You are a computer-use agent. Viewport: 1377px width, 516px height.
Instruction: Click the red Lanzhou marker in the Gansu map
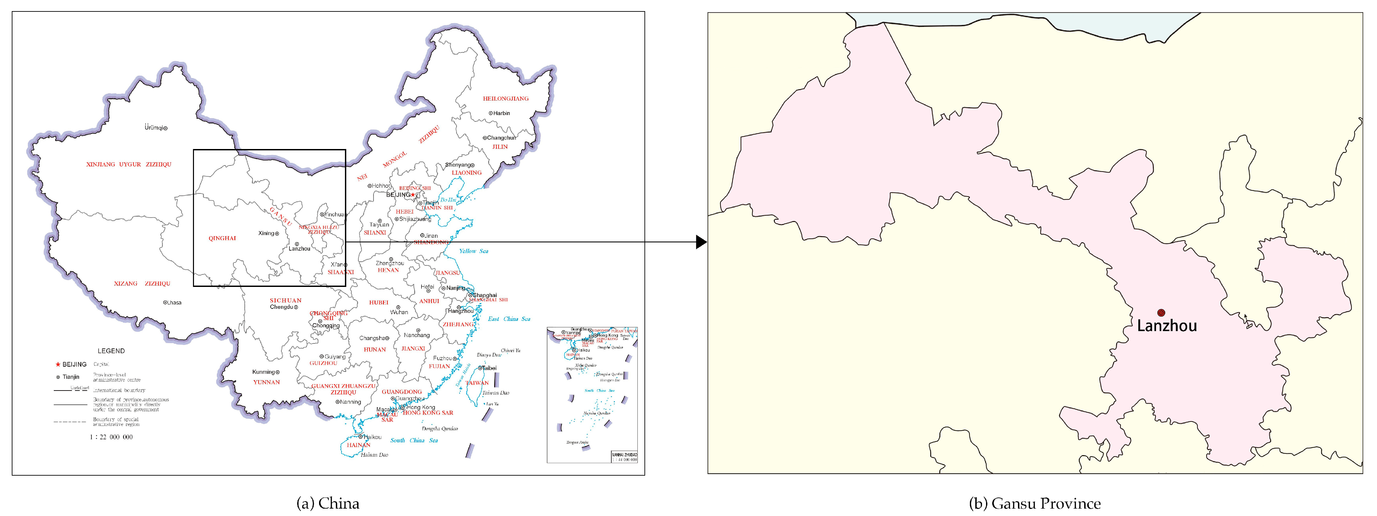pyautogui.click(x=1160, y=313)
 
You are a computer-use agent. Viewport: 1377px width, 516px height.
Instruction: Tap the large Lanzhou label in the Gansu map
pyautogui.click(x=1167, y=326)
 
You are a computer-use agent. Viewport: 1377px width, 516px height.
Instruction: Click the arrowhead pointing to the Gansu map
pyautogui.click(x=701, y=242)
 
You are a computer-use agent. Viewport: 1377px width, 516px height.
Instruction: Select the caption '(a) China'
pyautogui.click(x=328, y=503)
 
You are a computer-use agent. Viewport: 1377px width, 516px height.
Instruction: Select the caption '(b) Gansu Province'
pyautogui.click(x=1034, y=503)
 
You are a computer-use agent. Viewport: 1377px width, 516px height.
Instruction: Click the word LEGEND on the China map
pyautogui.click(x=111, y=351)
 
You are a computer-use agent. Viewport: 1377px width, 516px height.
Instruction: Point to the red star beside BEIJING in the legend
pyautogui.click(x=58, y=365)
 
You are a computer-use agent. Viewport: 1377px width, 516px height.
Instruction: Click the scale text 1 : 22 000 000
pyautogui.click(x=111, y=437)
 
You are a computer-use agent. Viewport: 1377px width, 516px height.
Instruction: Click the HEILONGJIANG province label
pyautogui.click(x=505, y=98)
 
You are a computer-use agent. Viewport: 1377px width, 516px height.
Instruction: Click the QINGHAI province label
pyautogui.click(x=222, y=238)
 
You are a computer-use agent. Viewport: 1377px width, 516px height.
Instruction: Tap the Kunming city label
pyautogui.click(x=264, y=372)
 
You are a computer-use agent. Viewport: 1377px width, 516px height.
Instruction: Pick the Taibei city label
pyautogui.click(x=489, y=368)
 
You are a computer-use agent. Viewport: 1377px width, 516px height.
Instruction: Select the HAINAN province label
pyautogui.click(x=358, y=445)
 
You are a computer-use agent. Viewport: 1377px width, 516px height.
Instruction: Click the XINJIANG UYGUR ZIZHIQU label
pyautogui.click(x=129, y=164)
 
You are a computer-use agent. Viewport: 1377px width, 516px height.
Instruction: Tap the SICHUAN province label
pyautogui.click(x=285, y=300)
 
